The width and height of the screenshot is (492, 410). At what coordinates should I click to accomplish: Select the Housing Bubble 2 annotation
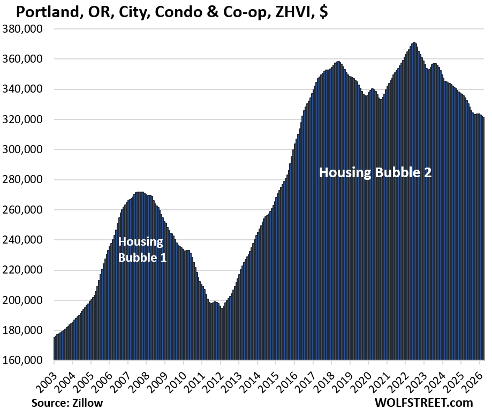(375, 172)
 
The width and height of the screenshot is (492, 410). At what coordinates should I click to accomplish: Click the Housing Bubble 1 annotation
(142, 249)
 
